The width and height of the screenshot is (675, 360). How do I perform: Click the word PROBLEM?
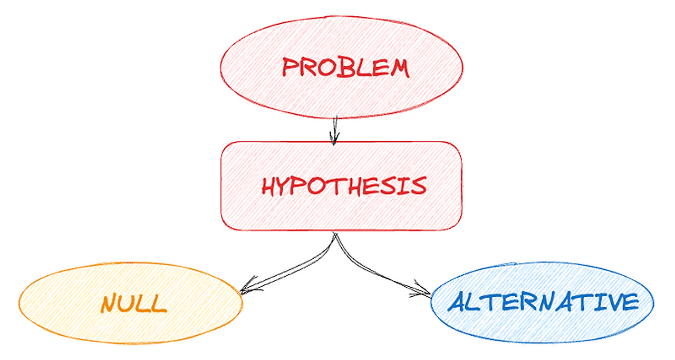pyautogui.click(x=345, y=67)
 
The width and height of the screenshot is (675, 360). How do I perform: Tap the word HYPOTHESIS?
pyautogui.click(x=344, y=186)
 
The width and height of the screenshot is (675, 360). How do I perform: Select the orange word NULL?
pyautogui.click(x=134, y=304)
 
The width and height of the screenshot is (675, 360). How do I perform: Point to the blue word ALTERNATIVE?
pyautogui.click(x=543, y=302)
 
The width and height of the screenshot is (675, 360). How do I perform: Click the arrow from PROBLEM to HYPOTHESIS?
pyautogui.click(x=333, y=129)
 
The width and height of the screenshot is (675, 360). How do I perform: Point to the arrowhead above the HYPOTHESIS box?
pyautogui.click(x=334, y=139)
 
